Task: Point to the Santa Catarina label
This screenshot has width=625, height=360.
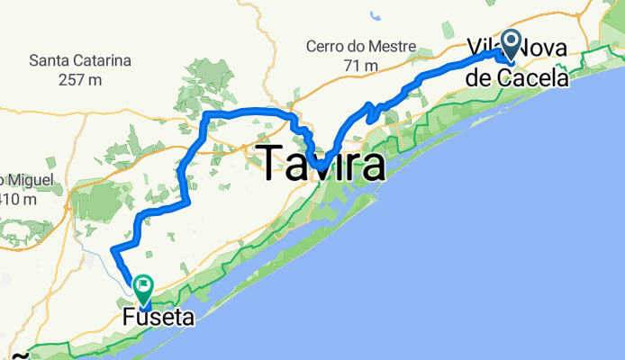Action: (80, 61)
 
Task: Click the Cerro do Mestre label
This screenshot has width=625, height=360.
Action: (360, 46)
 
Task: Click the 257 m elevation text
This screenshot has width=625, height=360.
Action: (80, 80)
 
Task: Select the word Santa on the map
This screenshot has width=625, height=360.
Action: (49, 61)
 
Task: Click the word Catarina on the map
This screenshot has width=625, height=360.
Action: (102, 61)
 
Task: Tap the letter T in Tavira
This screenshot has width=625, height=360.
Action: (274, 166)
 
